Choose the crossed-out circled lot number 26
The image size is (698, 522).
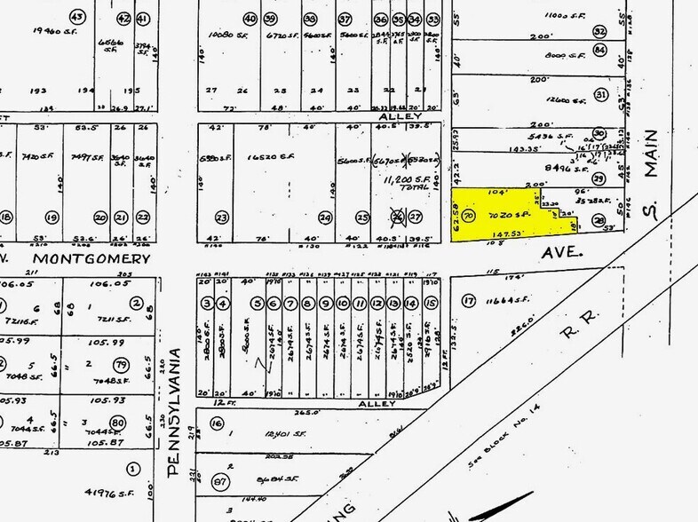click(399, 216)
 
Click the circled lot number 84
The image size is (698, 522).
click(600, 50)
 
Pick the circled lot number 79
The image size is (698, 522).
click(120, 365)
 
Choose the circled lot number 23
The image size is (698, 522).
click(221, 217)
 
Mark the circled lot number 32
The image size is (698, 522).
click(600, 31)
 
